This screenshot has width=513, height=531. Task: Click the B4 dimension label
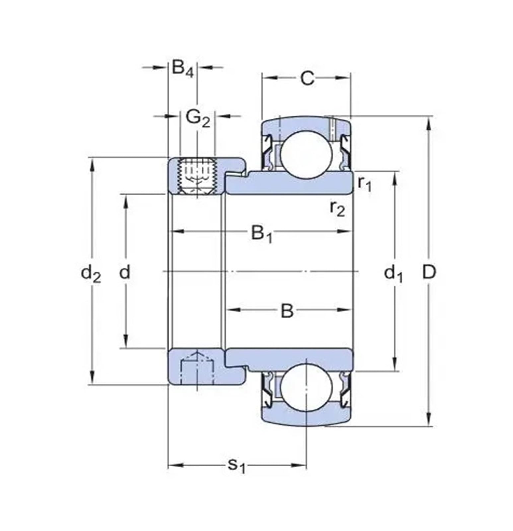click(x=183, y=69)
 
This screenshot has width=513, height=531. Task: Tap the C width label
click(x=307, y=78)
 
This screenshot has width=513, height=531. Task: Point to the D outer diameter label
click(x=429, y=272)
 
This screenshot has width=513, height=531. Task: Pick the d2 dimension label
click(x=91, y=274)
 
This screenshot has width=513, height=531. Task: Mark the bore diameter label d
click(x=125, y=272)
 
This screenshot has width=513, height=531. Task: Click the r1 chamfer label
click(x=365, y=183)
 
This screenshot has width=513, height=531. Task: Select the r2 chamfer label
click(x=337, y=208)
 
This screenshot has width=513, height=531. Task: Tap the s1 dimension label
click(x=236, y=465)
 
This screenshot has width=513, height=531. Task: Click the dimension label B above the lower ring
click(x=287, y=311)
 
